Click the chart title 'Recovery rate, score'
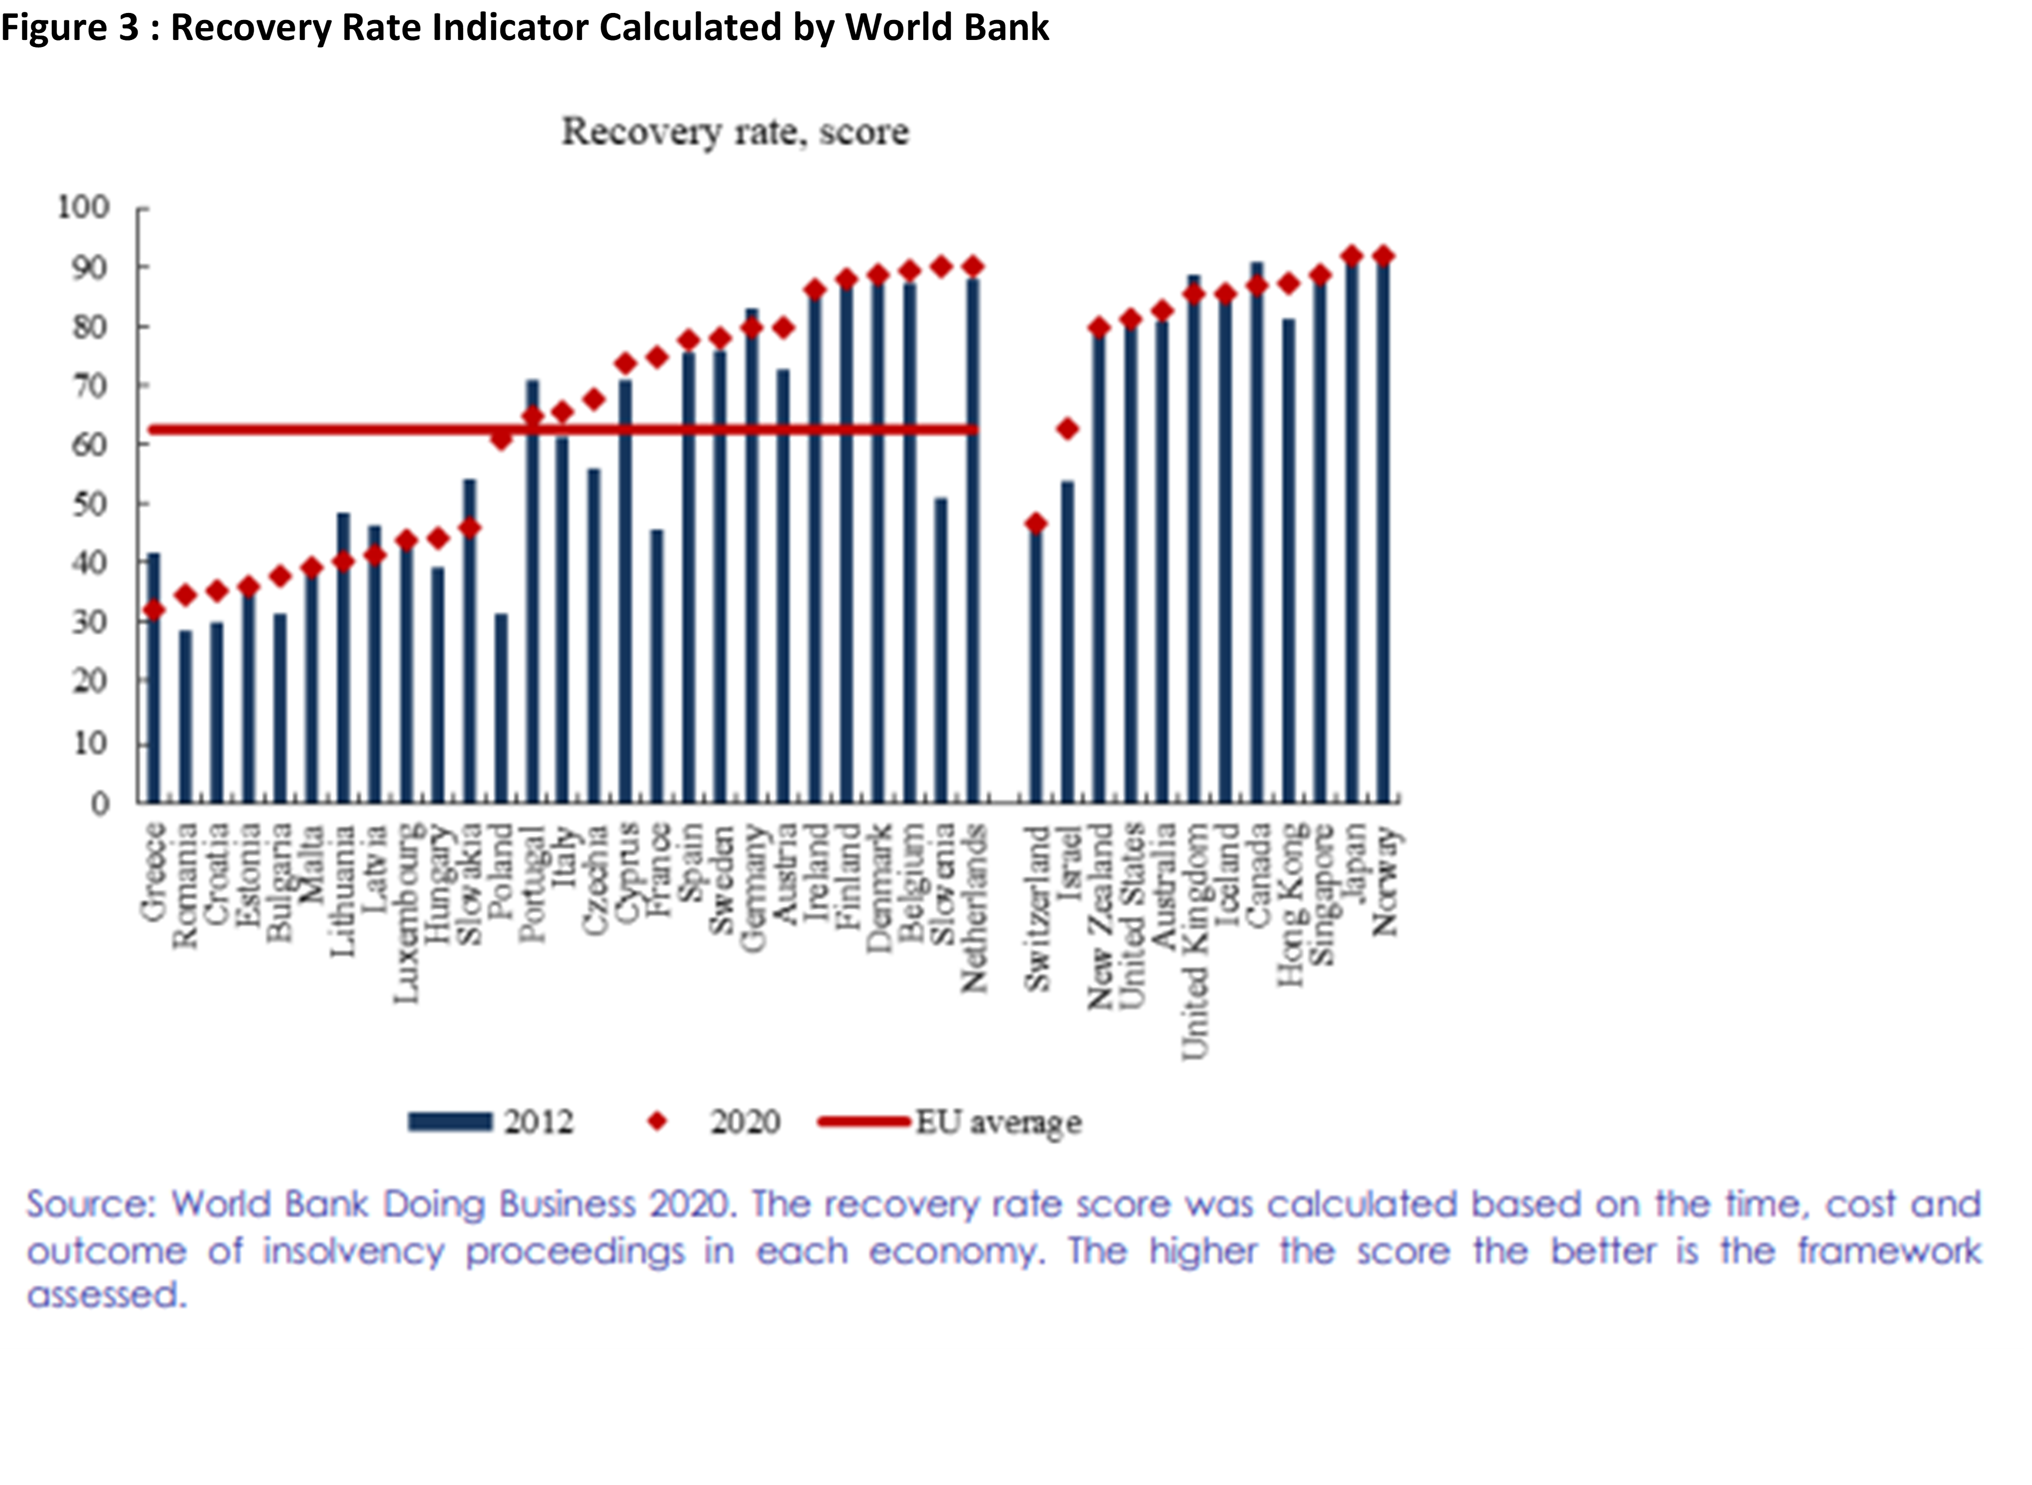pyautogui.click(x=735, y=132)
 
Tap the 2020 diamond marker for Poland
pyautogui.click(x=501, y=438)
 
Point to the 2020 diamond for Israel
pyautogui.click(x=1067, y=429)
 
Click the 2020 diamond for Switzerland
pyautogui.click(x=1036, y=523)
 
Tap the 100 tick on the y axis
pyautogui.click(x=84, y=208)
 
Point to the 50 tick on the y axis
pyautogui.click(x=89, y=504)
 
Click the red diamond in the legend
pyautogui.click(x=658, y=1121)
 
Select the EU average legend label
pyautogui.click(x=998, y=1122)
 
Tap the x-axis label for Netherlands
pyautogui.click(x=974, y=908)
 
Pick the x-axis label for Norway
pyautogui.click(x=1385, y=881)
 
